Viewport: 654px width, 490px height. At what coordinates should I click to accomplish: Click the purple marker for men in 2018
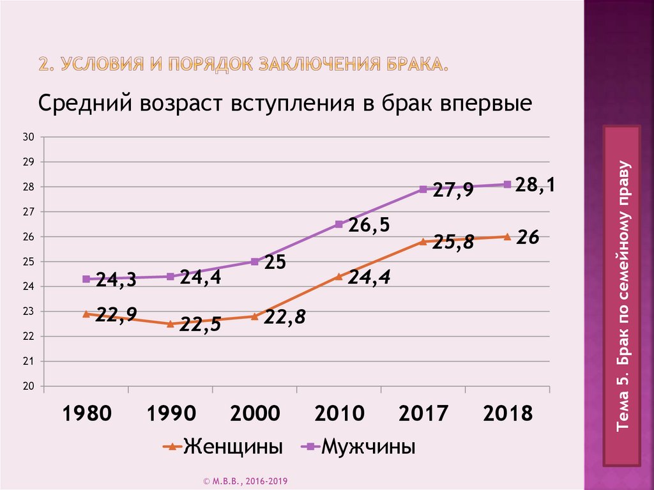[507, 184]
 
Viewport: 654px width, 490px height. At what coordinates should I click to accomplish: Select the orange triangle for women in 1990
[170, 324]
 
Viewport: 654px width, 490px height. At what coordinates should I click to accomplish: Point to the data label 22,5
[200, 325]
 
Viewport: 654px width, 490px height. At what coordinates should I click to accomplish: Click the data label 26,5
[369, 226]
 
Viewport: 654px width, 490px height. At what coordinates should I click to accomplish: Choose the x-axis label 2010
[339, 413]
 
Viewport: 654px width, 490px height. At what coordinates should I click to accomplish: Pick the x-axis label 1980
[86, 413]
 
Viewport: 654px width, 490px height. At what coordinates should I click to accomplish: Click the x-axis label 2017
[423, 413]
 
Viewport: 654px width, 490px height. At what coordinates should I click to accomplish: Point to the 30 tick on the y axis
[27, 137]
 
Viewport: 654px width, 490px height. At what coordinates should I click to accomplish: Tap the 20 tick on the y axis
[27, 387]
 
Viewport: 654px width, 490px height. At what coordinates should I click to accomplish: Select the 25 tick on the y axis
[27, 262]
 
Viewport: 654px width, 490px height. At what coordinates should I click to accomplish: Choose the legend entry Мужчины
[368, 447]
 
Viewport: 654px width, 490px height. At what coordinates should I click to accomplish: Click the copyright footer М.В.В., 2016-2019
[248, 480]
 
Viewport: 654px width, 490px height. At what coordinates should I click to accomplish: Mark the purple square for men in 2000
[254, 261]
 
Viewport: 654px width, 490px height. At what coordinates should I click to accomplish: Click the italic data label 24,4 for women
[369, 277]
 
